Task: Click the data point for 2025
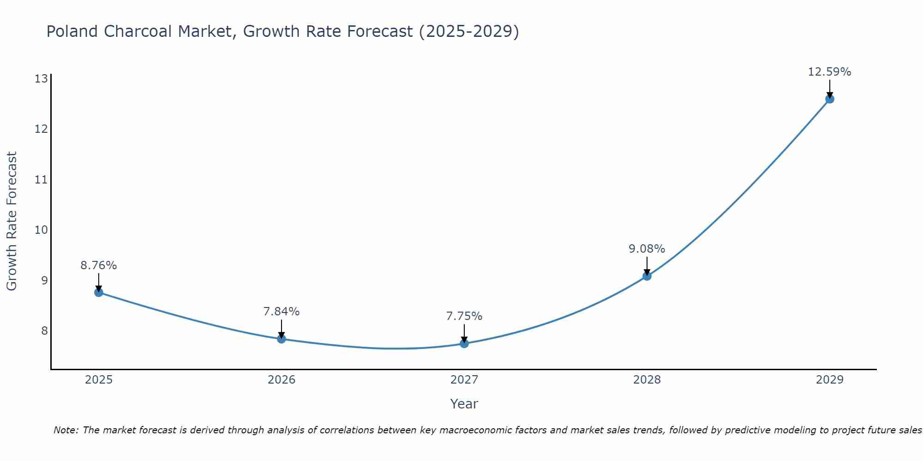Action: pyautogui.click(x=99, y=292)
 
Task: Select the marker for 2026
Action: pyautogui.click(x=282, y=339)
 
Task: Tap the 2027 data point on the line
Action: pyautogui.click(x=464, y=343)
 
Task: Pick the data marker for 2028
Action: pyautogui.click(x=647, y=276)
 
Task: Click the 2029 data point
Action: pyautogui.click(x=829, y=99)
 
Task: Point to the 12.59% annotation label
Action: pyautogui.click(x=829, y=72)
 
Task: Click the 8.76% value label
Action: pyautogui.click(x=99, y=266)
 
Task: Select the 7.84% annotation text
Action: pyautogui.click(x=282, y=312)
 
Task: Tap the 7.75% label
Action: pyautogui.click(x=464, y=316)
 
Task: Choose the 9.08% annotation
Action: pyautogui.click(x=647, y=249)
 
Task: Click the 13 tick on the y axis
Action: pyautogui.click(x=41, y=79)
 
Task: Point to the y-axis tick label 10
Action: pyautogui.click(x=41, y=230)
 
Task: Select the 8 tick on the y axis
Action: pyautogui.click(x=44, y=331)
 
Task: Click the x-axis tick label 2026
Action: pyautogui.click(x=282, y=380)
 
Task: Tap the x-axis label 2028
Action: pyautogui.click(x=647, y=380)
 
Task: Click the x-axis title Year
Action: pyautogui.click(x=464, y=404)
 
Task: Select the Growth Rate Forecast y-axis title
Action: pyautogui.click(x=12, y=221)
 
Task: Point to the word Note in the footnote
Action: pyautogui.click(x=66, y=430)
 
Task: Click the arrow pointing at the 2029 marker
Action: pyautogui.click(x=829, y=89)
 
